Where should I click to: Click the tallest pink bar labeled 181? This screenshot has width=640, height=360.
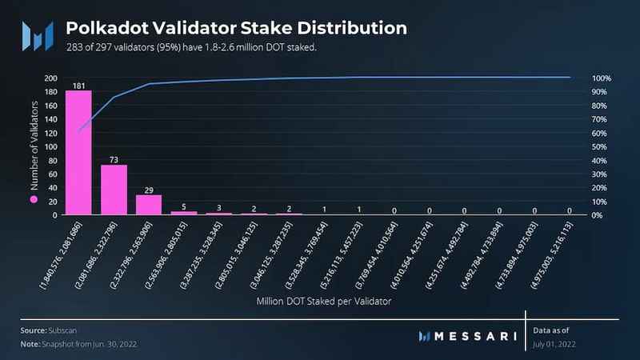pos(78,152)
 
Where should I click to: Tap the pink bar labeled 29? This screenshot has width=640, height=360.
pos(149,205)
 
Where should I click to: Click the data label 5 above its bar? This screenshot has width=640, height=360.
pos(184,206)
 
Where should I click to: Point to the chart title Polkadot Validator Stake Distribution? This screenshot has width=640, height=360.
pos(236,28)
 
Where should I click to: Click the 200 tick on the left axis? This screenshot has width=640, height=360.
pos(50,78)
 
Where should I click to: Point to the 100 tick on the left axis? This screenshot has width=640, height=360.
pos(50,147)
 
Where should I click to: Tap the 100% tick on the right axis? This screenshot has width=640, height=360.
pos(601,78)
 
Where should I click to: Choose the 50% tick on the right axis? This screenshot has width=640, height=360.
pos(599,147)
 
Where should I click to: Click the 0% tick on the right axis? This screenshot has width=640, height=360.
pos(597,215)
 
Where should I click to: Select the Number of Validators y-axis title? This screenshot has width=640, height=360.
pos(34,149)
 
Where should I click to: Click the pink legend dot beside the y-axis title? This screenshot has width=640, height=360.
pos(34,198)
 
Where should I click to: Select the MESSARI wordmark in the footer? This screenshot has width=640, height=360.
pos(469,336)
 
